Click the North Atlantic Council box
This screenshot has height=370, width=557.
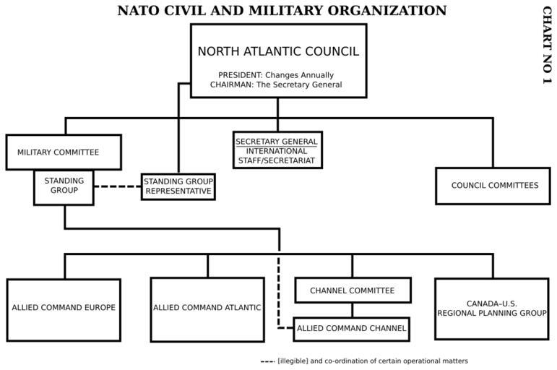pos(278,60)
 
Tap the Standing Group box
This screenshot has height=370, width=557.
pos(64,186)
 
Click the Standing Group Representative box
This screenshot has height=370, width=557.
pos(178,186)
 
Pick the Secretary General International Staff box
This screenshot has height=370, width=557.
pos(277,150)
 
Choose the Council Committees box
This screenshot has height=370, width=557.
pos(493,186)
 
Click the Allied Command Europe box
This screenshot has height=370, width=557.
pos(64,309)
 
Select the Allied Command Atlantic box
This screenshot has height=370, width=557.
pos(207,309)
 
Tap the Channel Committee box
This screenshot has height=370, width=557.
pos(352,291)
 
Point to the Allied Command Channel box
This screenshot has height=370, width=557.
pos(352,329)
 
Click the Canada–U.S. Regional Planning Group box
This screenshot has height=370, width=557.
pos(492,309)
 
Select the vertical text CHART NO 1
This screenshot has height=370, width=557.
pos(546,45)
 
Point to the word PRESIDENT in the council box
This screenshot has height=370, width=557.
pos(240,75)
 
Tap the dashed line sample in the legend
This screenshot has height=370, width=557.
pos(267,361)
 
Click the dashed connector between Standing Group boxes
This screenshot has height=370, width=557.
pos(117,186)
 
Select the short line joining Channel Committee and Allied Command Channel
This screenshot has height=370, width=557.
pos(352,310)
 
